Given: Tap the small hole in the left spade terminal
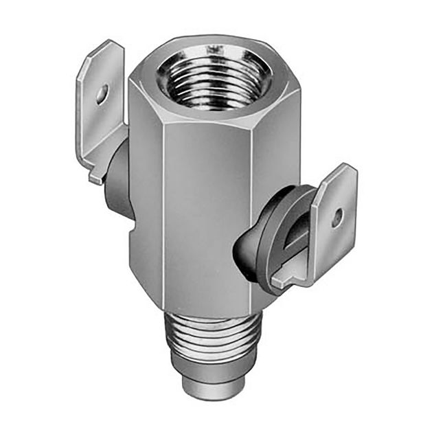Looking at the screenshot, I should point(102,93).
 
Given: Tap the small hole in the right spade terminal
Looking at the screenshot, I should point(336,218).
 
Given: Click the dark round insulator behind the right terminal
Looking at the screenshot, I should point(268,233).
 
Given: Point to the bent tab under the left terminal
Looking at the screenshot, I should point(96,176).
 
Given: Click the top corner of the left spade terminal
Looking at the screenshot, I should point(110,44).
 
